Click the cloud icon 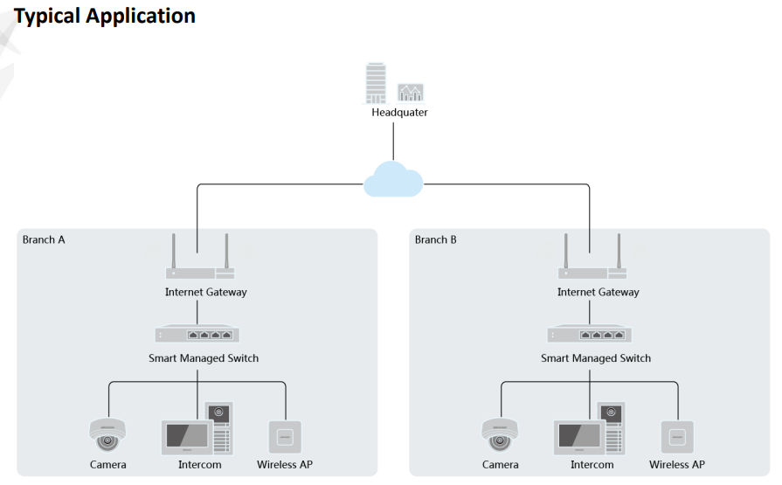[x=392, y=180]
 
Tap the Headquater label [x=399, y=113]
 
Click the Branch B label [x=436, y=239]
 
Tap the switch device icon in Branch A [x=197, y=335]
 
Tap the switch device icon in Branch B [x=590, y=335]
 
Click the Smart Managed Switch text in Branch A [x=204, y=358]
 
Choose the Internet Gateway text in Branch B [x=598, y=292]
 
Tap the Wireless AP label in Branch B [x=677, y=465]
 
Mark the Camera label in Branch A [x=107, y=465]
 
